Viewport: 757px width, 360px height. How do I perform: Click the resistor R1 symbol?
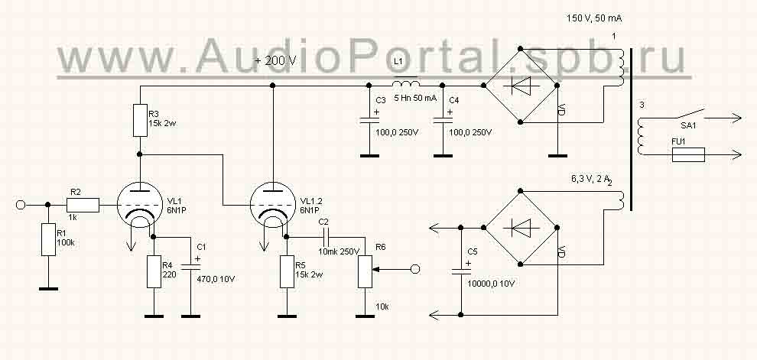point(48,243)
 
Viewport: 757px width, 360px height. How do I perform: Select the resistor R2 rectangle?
point(83,204)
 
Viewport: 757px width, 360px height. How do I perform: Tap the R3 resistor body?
point(141,120)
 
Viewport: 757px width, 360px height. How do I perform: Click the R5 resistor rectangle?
point(288,272)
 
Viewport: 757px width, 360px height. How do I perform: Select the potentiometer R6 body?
point(365,269)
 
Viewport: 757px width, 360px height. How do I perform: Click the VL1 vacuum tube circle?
point(141,205)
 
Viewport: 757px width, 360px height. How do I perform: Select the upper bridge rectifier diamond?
point(521,86)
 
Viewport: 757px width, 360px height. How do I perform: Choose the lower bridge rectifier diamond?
point(521,226)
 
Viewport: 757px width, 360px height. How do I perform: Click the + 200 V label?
point(275,60)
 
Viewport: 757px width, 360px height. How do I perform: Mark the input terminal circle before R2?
point(22,204)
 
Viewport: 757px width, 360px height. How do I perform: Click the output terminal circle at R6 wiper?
point(415,268)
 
